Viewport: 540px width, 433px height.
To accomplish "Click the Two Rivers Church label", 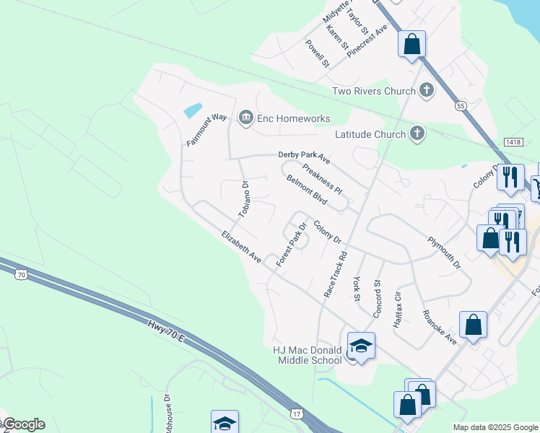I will pos(373,91).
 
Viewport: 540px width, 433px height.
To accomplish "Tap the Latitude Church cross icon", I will pos(417,134).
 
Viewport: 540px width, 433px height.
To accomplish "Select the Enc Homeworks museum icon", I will pos(245,118).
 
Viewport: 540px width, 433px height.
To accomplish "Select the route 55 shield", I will pos(460,106).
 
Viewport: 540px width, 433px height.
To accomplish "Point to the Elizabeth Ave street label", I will pos(241,246).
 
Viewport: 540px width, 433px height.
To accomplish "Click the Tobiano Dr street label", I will pos(244,199).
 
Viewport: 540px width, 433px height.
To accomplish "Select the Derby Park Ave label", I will pos(304,155).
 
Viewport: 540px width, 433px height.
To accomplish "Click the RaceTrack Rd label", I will pos(336,275).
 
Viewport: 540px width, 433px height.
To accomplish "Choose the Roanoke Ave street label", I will pos(440,325).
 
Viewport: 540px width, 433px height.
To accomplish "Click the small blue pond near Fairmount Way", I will pos(193,110).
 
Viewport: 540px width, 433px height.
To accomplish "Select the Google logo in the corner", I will pos(23,424).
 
